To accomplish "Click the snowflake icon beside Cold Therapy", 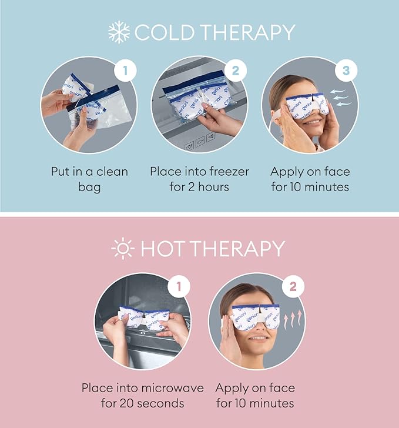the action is click(119, 32).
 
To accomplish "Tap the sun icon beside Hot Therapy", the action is click(123, 248).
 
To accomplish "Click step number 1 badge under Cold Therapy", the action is click(125, 71).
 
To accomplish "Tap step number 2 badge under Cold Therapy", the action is click(236, 71).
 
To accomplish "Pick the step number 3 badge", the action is click(346, 71).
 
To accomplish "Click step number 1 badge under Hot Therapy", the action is click(179, 287).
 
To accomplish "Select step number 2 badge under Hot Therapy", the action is click(293, 287).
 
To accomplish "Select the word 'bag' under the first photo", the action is click(89, 188).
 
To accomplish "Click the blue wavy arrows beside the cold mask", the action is click(340, 98).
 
